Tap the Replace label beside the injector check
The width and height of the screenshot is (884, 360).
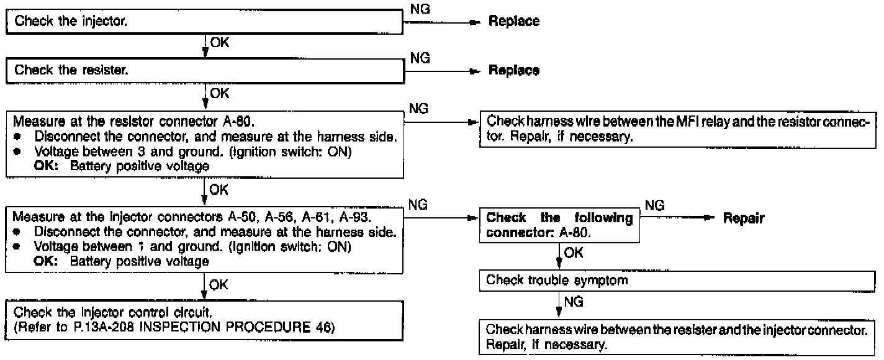click(514, 22)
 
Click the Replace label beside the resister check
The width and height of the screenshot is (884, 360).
click(514, 70)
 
